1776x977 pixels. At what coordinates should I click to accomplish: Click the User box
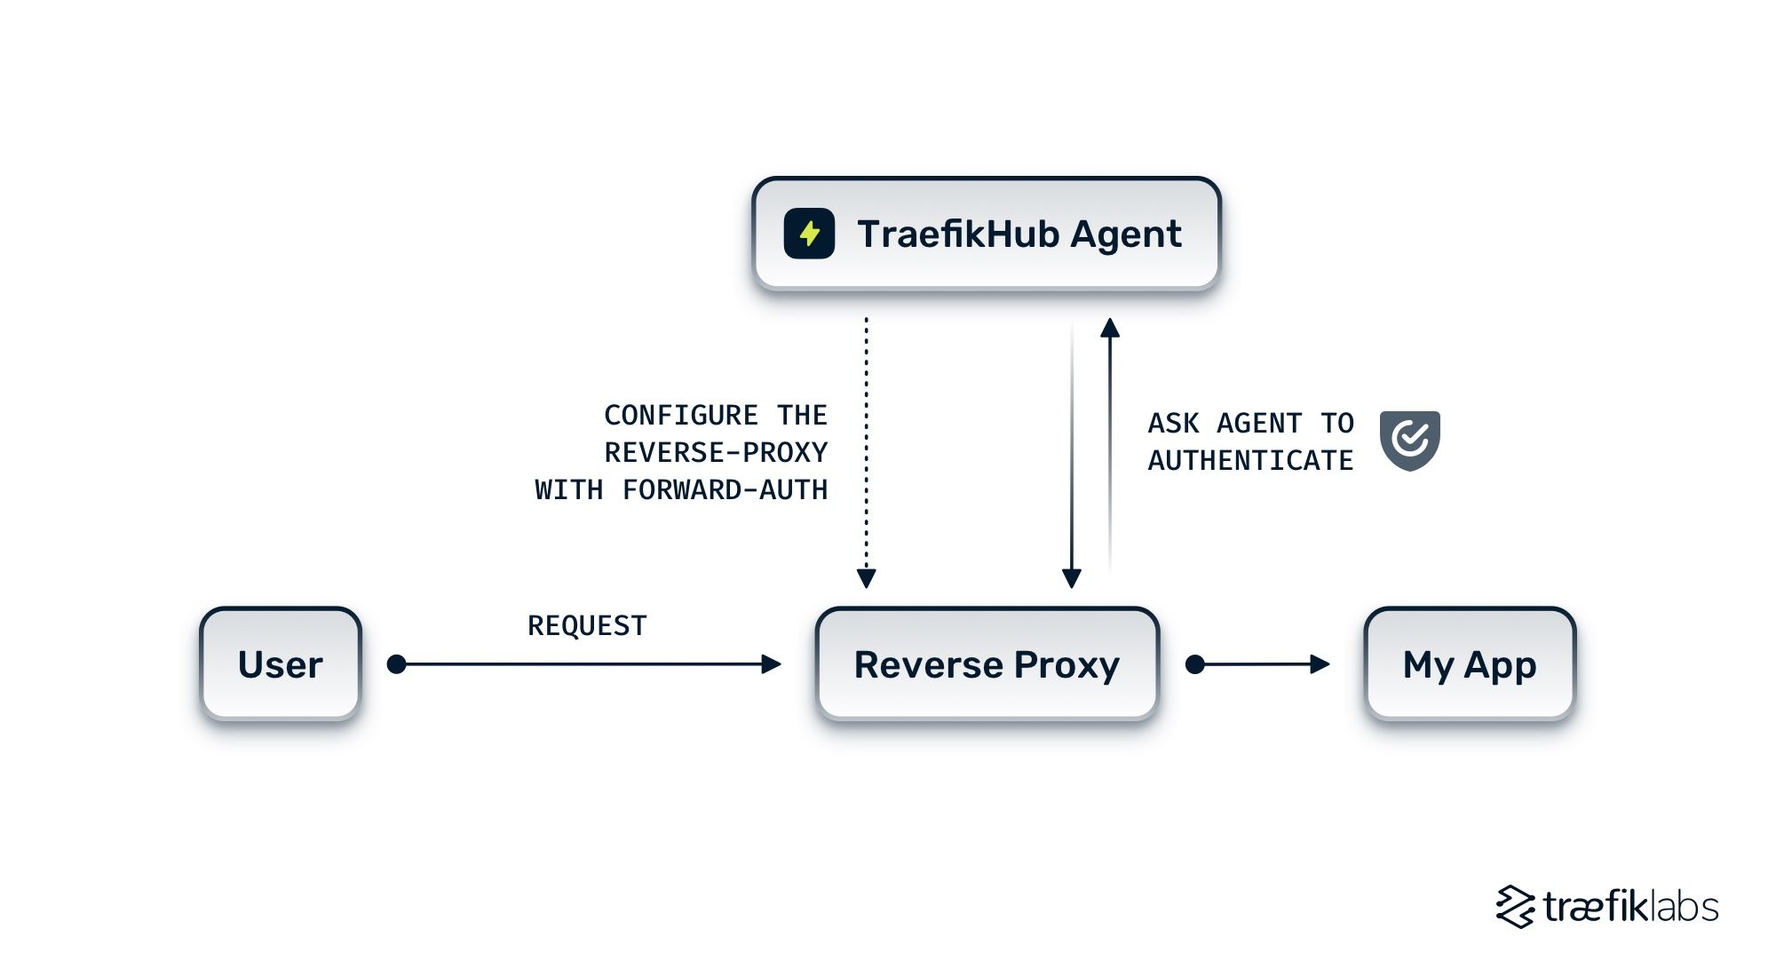pyautogui.click(x=281, y=664)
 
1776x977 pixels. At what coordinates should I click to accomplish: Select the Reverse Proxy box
pyautogui.click(x=987, y=664)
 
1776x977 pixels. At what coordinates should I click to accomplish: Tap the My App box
pyautogui.click(x=1470, y=664)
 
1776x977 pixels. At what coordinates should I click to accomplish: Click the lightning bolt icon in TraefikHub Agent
pyautogui.click(x=809, y=234)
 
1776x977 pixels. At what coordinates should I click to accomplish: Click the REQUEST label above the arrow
pyautogui.click(x=587, y=625)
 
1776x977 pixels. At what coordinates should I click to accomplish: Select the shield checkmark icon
pyautogui.click(x=1409, y=440)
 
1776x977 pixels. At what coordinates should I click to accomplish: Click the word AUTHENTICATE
pyautogui.click(x=1250, y=460)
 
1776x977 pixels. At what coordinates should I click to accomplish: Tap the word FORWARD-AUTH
pyautogui.click(x=725, y=489)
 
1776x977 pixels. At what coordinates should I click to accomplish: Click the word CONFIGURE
pyautogui.click(x=681, y=415)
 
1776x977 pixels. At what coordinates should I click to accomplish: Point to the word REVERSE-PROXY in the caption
pyautogui.click(x=716, y=452)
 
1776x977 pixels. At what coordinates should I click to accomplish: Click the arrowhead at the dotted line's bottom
pyautogui.click(x=867, y=578)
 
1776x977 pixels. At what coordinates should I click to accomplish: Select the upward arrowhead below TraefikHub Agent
pyautogui.click(x=1109, y=329)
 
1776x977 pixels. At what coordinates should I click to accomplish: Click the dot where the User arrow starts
pyautogui.click(x=397, y=664)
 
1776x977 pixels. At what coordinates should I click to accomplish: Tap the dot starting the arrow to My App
pyautogui.click(x=1195, y=664)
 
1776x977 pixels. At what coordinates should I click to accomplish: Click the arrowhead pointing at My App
pyautogui.click(x=1320, y=664)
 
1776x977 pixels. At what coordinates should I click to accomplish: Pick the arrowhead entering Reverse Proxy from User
pyautogui.click(x=771, y=664)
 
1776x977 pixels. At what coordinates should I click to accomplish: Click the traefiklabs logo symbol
pyautogui.click(x=1515, y=907)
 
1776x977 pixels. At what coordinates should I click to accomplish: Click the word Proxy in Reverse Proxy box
pyautogui.click(x=1066, y=666)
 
